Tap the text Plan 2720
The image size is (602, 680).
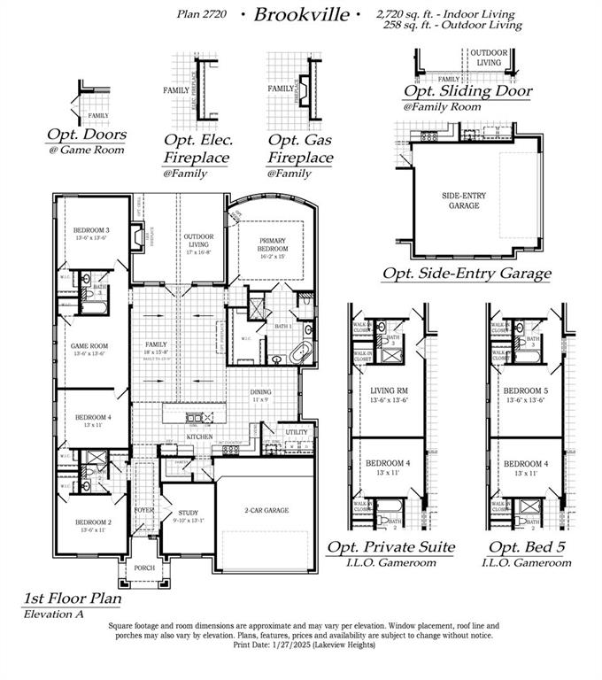pyautogui.click(x=203, y=15)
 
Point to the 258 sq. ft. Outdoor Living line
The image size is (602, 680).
pyautogui.click(x=452, y=26)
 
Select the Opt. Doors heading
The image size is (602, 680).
pyautogui.click(x=86, y=135)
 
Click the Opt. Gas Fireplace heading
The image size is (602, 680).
pyautogui.click(x=301, y=150)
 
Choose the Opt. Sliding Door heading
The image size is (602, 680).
pyautogui.click(x=468, y=91)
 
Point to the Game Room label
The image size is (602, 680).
pyautogui.click(x=89, y=347)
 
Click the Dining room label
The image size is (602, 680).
pyautogui.click(x=260, y=393)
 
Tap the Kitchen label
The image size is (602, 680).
pyautogui.click(x=199, y=437)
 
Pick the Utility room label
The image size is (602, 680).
pyautogui.click(x=297, y=433)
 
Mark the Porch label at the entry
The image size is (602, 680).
pyautogui.click(x=143, y=568)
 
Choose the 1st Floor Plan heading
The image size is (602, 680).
pyautogui.click(x=72, y=599)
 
